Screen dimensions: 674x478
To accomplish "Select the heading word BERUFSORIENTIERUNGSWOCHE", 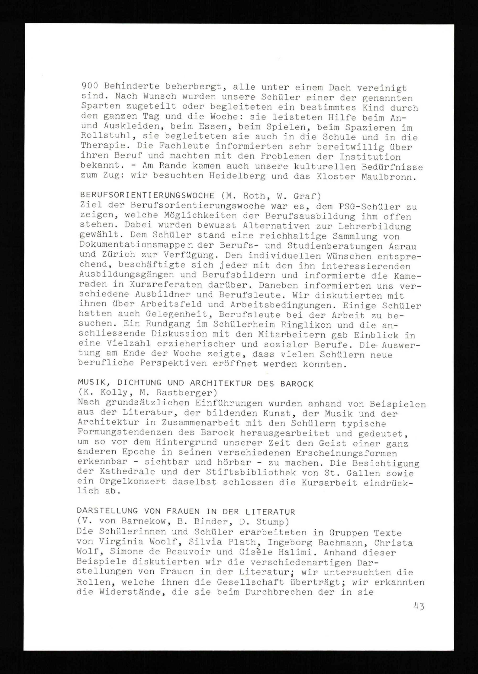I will (x=147, y=196).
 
